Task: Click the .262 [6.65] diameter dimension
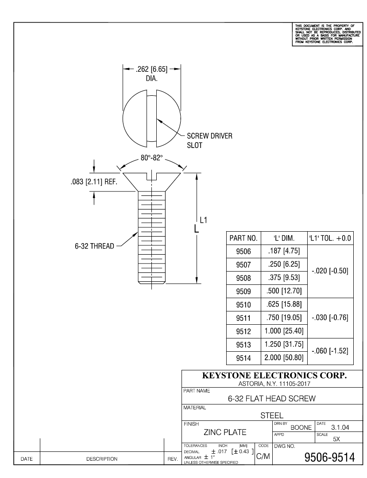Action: pos(151,70)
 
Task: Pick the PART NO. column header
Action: pos(243,238)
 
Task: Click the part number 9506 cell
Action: pos(243,252)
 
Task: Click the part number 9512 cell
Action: pos(243,331)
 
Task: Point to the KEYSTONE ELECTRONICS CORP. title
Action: pos(274,375)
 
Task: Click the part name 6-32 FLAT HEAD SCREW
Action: pos(271,398)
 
